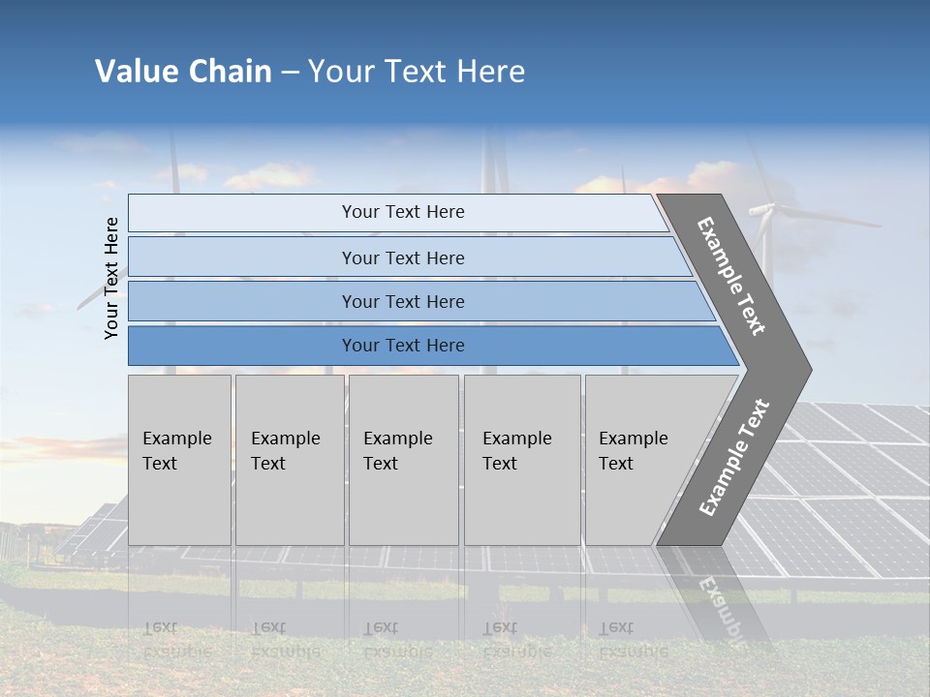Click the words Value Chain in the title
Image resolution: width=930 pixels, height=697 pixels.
point(183,72)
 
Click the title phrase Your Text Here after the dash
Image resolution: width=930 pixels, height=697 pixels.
point(417,72)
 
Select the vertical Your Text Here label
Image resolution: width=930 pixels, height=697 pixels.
point(111,278)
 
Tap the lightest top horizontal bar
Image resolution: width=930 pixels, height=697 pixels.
point(402,212)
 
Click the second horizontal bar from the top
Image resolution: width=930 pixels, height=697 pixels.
point(402,258)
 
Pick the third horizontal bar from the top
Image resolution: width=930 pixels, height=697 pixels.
point(402,301)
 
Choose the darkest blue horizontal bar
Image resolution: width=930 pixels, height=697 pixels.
point(402,346)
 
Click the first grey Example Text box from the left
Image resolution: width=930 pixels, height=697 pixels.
point(179,460)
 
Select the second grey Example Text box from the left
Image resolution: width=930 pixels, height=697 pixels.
point(289,460)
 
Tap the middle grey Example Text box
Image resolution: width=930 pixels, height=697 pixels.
point(403,460)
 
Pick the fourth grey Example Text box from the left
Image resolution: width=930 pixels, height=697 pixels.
point(521,460)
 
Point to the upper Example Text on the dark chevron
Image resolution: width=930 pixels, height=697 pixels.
point(732,276)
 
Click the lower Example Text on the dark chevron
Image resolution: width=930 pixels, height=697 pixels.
point(733,457)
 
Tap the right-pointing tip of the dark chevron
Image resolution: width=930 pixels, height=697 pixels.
point(806,370)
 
